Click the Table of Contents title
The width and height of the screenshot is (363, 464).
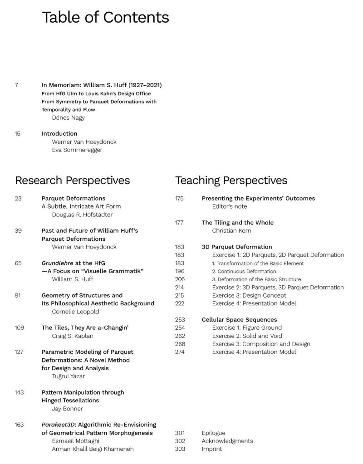105,17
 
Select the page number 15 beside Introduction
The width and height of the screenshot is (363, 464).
17,134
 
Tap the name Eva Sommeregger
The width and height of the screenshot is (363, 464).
77,150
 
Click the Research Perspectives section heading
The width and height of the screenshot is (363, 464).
72,181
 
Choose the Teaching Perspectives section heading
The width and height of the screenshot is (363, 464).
231,181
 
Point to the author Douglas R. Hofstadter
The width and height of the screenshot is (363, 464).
82,215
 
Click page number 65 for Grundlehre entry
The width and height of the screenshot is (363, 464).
18,263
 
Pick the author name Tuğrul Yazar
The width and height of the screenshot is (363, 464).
69,376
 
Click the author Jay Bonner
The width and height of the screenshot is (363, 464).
67,409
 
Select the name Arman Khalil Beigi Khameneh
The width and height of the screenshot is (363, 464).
93,449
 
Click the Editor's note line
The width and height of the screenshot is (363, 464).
230,206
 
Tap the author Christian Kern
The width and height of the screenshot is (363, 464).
231,231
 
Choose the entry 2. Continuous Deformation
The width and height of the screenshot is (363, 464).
244,271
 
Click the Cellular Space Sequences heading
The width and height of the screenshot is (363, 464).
239,320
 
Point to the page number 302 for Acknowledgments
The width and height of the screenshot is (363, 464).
180,441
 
